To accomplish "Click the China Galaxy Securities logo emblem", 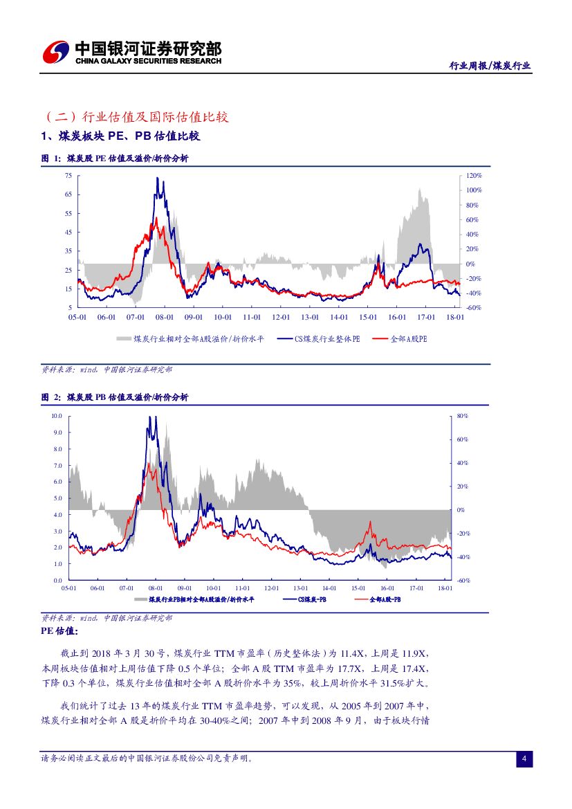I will click(56, 52).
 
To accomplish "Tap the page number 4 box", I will click(524, 759).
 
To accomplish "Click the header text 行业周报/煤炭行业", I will click(490, 66).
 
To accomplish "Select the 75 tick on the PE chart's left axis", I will click(68, 176).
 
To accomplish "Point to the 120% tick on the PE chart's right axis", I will click(473, 176).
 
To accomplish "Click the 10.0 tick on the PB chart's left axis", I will click(57, 416).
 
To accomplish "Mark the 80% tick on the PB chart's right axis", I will click(463, 416).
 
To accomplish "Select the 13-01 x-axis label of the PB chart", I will click(299, 588).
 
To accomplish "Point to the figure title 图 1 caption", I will click(115, 158).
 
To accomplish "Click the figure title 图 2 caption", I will click(115, 397).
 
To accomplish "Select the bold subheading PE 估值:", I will click(60, 631).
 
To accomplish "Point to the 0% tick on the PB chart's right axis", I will click(461, 510).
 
